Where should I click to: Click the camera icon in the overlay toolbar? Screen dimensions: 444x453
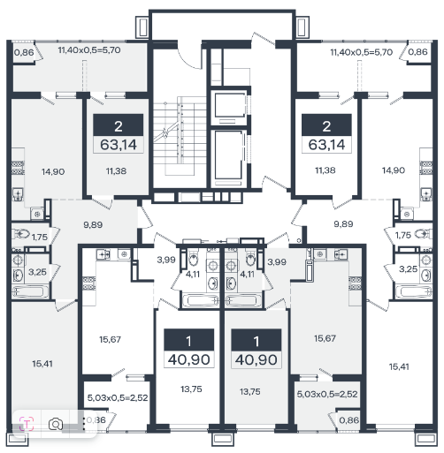[x=56, y=425]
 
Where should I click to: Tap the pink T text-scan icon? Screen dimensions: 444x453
[x=27, y=424]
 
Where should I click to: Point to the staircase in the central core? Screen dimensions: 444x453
[x=180, y=137]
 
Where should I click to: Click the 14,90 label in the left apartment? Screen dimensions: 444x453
[x=53, y=171]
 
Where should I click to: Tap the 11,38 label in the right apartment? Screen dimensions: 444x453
[x=325, y=170]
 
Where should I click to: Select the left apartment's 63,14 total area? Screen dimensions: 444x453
[x=119, y=145]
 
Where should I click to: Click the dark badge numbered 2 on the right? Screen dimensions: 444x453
[x=326, y=125]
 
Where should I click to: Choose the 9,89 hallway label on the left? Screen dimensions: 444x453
[x=93, y=225]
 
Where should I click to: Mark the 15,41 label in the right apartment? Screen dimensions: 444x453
[x=399, y=366]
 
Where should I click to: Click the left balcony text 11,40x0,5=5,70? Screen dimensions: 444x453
[x=89, y=50]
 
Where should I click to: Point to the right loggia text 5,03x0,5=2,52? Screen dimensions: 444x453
[x=327, y=394]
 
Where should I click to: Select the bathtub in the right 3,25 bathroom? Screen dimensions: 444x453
[x=413, y=292]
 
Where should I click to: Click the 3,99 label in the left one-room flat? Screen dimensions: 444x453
[x=166, y=260]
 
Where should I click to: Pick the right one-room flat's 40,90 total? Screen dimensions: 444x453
[x=256, y=360]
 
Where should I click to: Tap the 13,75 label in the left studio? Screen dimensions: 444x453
[x=191, y=389]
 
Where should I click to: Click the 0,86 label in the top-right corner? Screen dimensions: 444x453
[x=417, y=52]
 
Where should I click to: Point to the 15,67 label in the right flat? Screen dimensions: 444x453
[x=325, y=338]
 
